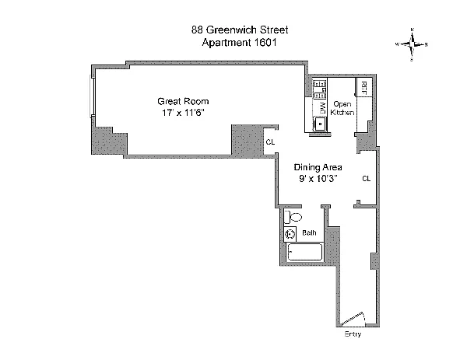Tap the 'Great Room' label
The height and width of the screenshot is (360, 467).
(183, 102)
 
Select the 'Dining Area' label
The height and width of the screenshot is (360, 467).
(316, 167)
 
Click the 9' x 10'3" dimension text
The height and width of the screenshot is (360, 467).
(316, 179)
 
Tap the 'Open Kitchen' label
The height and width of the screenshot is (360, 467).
(342, 108)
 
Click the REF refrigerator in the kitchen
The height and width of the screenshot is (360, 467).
(363, 87)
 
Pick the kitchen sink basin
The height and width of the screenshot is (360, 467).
(319, 124)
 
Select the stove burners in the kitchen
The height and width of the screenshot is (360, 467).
(319, 89)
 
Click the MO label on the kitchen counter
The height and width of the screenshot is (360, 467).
(321, 107)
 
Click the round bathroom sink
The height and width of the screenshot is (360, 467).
(290, 233)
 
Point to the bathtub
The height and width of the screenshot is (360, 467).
(304, 253)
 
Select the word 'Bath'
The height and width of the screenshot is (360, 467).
(309, 232)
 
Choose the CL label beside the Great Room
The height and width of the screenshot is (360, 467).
(270, 142)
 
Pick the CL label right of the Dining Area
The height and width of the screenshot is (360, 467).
(366, 179)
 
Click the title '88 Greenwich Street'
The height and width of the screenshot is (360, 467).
(234, 30)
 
